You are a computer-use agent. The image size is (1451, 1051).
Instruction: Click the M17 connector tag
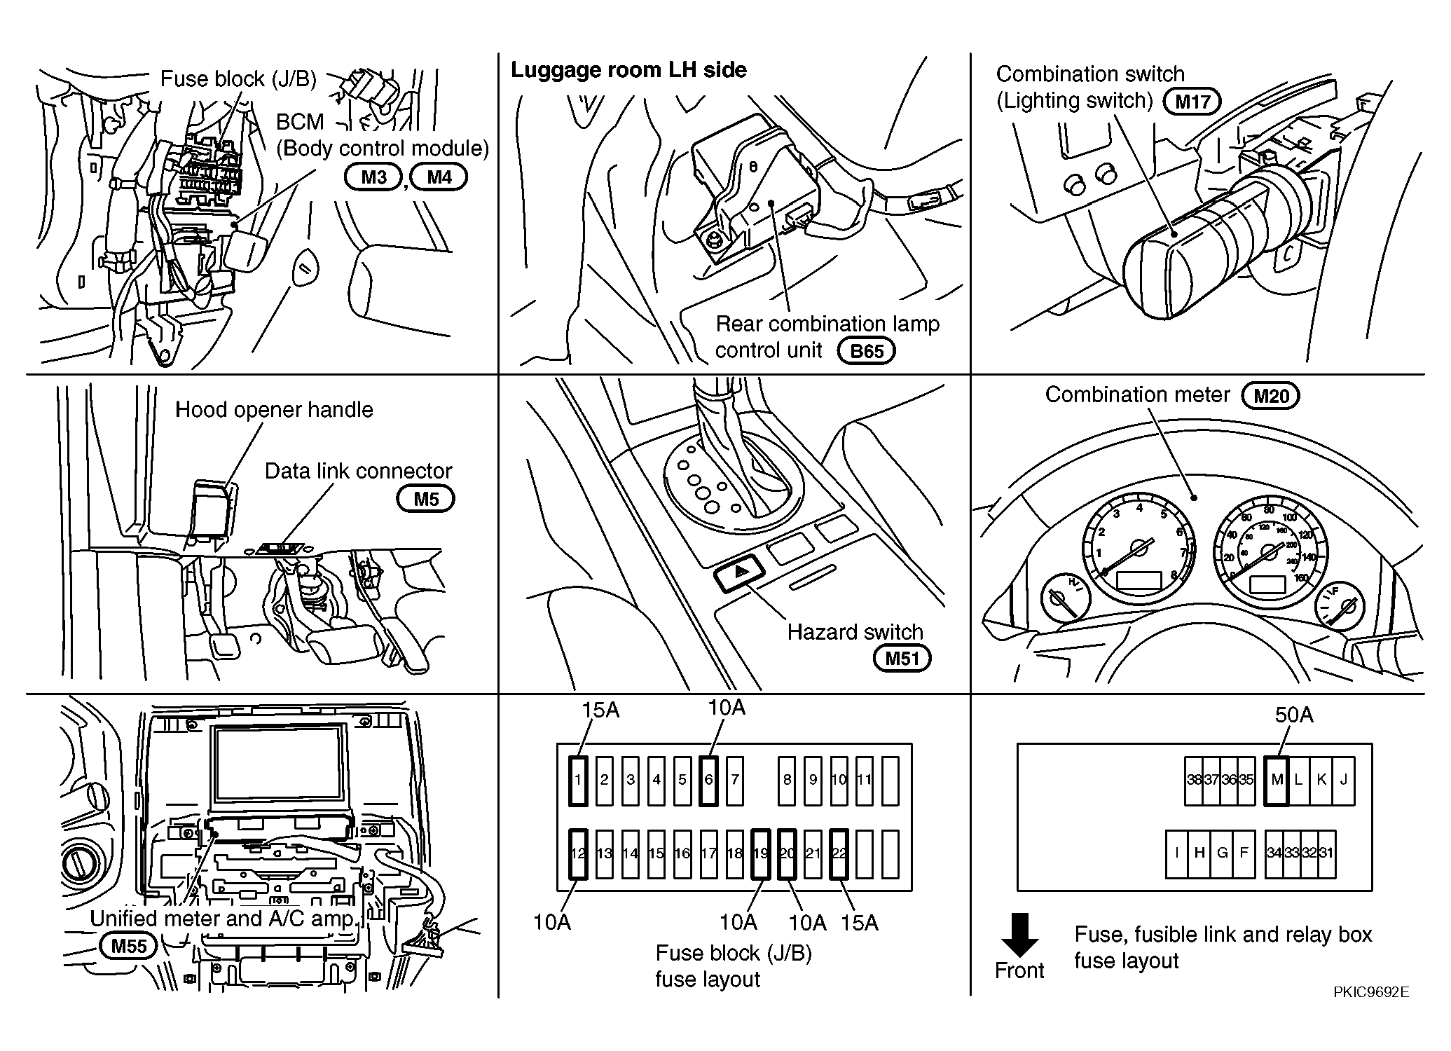tap(1192, 102)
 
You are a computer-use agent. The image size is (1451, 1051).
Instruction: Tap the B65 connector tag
tap(867, 350)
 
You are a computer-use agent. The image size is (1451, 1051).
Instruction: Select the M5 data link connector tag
tap(426, 499)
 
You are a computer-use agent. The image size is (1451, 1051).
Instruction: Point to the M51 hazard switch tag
tap(902, 658)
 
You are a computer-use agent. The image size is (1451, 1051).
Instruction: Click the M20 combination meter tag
tap(1270, 396)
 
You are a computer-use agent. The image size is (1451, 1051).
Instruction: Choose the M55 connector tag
tap(129, 946)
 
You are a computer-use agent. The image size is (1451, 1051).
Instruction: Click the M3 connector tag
tap(373, 177)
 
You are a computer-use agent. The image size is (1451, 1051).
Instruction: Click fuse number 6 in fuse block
tap(708, 780)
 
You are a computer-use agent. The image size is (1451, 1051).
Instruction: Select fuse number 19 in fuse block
tap(761, 853)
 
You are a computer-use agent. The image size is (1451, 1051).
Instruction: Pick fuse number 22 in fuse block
tap(839, 853)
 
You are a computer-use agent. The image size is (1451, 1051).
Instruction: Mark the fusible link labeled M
tap(1277, 780)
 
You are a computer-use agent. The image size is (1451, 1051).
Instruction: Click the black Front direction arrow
tap(1019, 935)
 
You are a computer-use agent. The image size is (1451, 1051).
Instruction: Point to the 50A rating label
tap(1294, 715)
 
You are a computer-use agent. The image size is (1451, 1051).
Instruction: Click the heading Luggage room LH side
tap(628, 70)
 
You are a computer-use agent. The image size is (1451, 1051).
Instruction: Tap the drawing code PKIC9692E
tap(1371, 992)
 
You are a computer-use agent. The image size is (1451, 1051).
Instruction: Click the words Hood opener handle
tap(274, 410)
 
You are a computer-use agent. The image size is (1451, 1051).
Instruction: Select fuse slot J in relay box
tap(1343, 780)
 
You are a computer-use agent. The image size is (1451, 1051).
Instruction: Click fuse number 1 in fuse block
tap(578, 780)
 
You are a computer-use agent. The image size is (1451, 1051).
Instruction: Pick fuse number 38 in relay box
tap(1194, 780)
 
